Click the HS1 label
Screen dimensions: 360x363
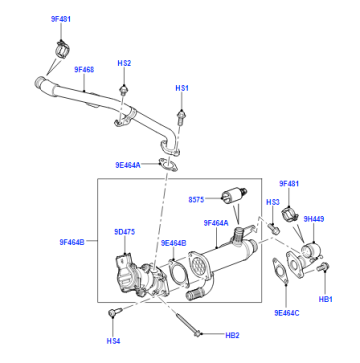pos(182,88)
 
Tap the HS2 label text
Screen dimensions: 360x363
pos(124,63)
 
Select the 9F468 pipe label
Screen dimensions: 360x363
pos(84,70)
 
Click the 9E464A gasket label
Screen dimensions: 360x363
pos(128,165)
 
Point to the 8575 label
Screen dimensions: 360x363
pos(196,199)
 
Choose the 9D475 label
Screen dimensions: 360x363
pos(125,232)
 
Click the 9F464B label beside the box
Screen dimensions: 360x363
pos(72,242)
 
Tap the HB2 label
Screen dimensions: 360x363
pos(232,335)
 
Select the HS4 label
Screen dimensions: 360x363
pos(113,341)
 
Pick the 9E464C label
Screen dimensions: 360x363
pos(287,313)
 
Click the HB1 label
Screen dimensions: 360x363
pos(326,299)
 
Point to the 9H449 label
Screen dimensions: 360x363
pos(314,219)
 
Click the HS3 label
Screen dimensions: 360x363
pos(273,202)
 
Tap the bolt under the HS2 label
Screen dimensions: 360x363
pos(124,91)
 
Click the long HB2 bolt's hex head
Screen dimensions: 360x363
pos(197,333)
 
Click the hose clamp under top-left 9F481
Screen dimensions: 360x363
pos(62,50)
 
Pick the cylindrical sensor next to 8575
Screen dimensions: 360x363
pos(234,194)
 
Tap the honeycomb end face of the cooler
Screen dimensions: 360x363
pos(199,266)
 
